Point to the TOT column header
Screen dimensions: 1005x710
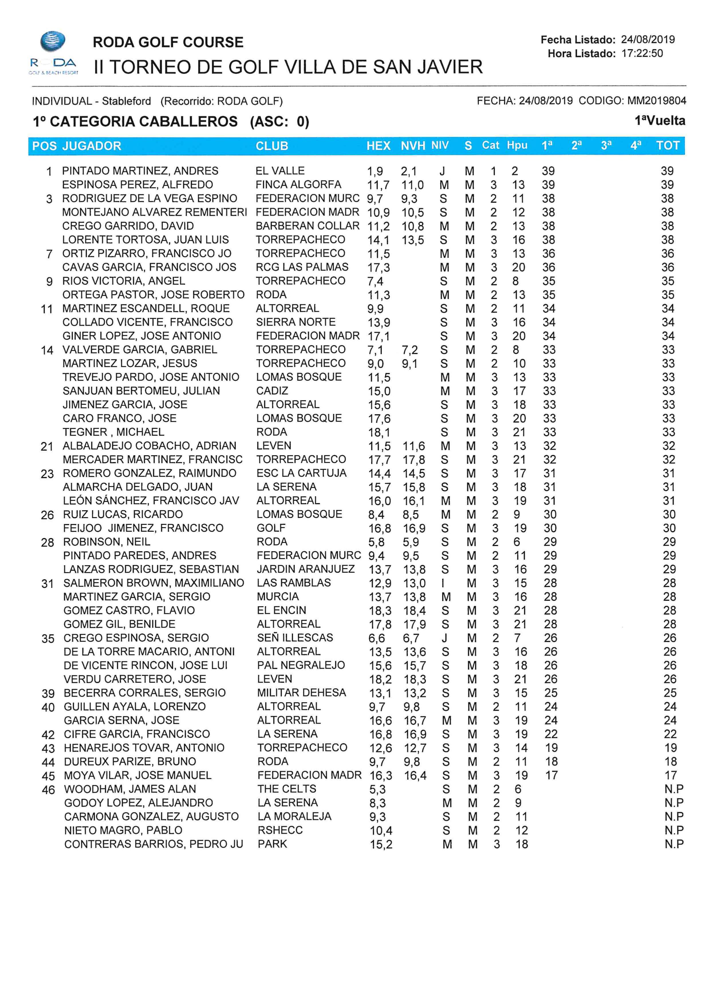pos(668,146)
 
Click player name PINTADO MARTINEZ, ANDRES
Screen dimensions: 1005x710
pos(140,171)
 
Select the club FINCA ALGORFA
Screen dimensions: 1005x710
pos(298,185)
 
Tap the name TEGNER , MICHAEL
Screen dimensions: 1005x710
pos(113,432)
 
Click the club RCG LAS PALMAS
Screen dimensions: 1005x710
pos(302,267)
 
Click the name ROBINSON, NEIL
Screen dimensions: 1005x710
pos(107,542)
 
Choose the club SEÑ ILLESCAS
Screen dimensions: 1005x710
pos(295,638)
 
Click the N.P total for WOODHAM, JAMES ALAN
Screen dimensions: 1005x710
pos(674,789)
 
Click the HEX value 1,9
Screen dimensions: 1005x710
pos(375,171)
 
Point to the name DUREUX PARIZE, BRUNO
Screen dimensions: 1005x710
pos(130,762)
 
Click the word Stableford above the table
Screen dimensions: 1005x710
pos(127,101)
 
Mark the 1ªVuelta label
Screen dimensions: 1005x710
pos(660,121)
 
